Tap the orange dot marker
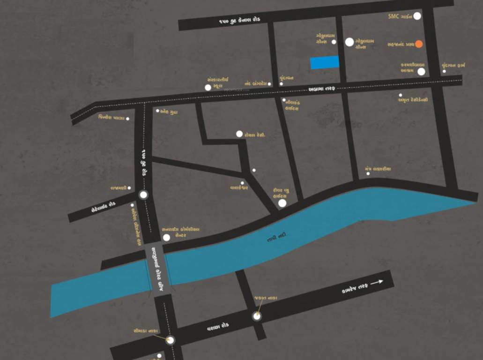tap(419, 44)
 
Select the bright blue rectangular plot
tap(325, 62)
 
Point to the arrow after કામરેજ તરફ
tap(377, 282)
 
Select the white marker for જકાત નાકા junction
tap(257, 316)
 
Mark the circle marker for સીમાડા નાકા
tap(171, 340)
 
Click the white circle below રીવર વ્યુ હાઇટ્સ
tap(282, 203)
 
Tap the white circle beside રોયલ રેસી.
tap(239, 134)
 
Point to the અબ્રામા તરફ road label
tap(322, 89)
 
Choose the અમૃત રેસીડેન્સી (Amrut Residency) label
tap(413, 99)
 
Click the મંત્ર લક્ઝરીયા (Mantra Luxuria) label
tap(378, 169)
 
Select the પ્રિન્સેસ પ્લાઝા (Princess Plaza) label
tap(111, 118)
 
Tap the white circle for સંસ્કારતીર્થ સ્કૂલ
tap(208, 87)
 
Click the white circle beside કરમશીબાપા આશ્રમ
tap(421, 72)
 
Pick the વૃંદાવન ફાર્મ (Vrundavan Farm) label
tap(454, 66)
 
